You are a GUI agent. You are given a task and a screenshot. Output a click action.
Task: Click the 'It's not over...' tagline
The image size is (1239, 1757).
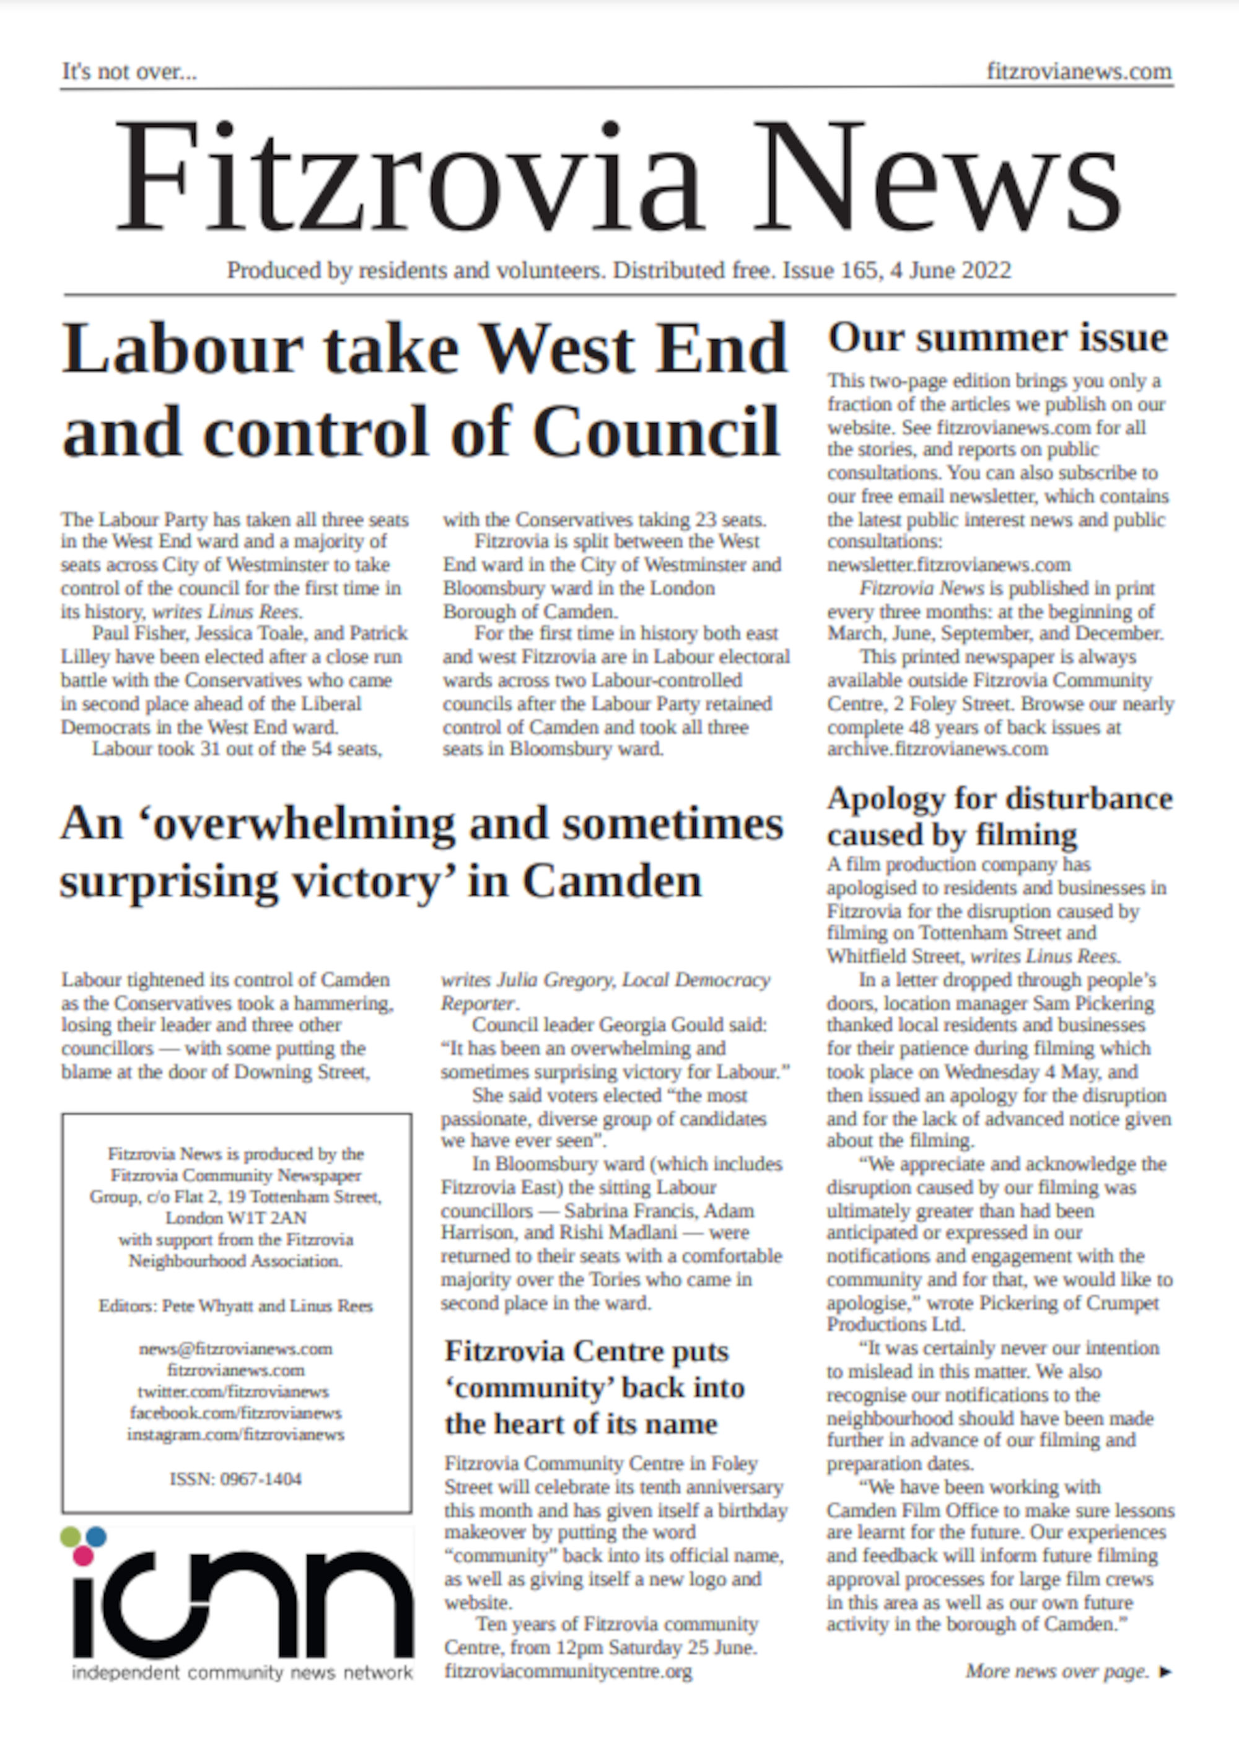(129, 72)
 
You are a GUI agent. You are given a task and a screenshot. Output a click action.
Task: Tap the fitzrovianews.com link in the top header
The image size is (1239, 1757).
(1079, 72)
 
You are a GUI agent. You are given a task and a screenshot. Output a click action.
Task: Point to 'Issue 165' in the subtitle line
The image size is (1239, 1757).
(830, 271)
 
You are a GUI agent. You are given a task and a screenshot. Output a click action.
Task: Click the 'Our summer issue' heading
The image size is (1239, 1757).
(997, 338)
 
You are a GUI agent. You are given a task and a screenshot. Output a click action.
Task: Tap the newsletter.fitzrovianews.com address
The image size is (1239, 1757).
(948, 565)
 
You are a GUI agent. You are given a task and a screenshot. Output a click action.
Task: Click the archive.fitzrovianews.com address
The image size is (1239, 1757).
(937, 748)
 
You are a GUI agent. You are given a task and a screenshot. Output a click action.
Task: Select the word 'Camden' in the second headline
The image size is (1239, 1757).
(611, 881)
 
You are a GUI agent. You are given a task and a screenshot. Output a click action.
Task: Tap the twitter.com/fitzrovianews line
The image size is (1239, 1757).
(233, 1392)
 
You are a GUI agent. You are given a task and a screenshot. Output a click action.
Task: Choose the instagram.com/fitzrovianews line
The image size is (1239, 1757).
(235, 1435)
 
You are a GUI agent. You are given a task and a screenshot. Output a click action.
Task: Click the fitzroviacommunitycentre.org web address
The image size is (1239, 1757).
(568, 1672)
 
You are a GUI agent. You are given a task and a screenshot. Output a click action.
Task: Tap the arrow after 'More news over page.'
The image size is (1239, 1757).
(1165, 1672)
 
